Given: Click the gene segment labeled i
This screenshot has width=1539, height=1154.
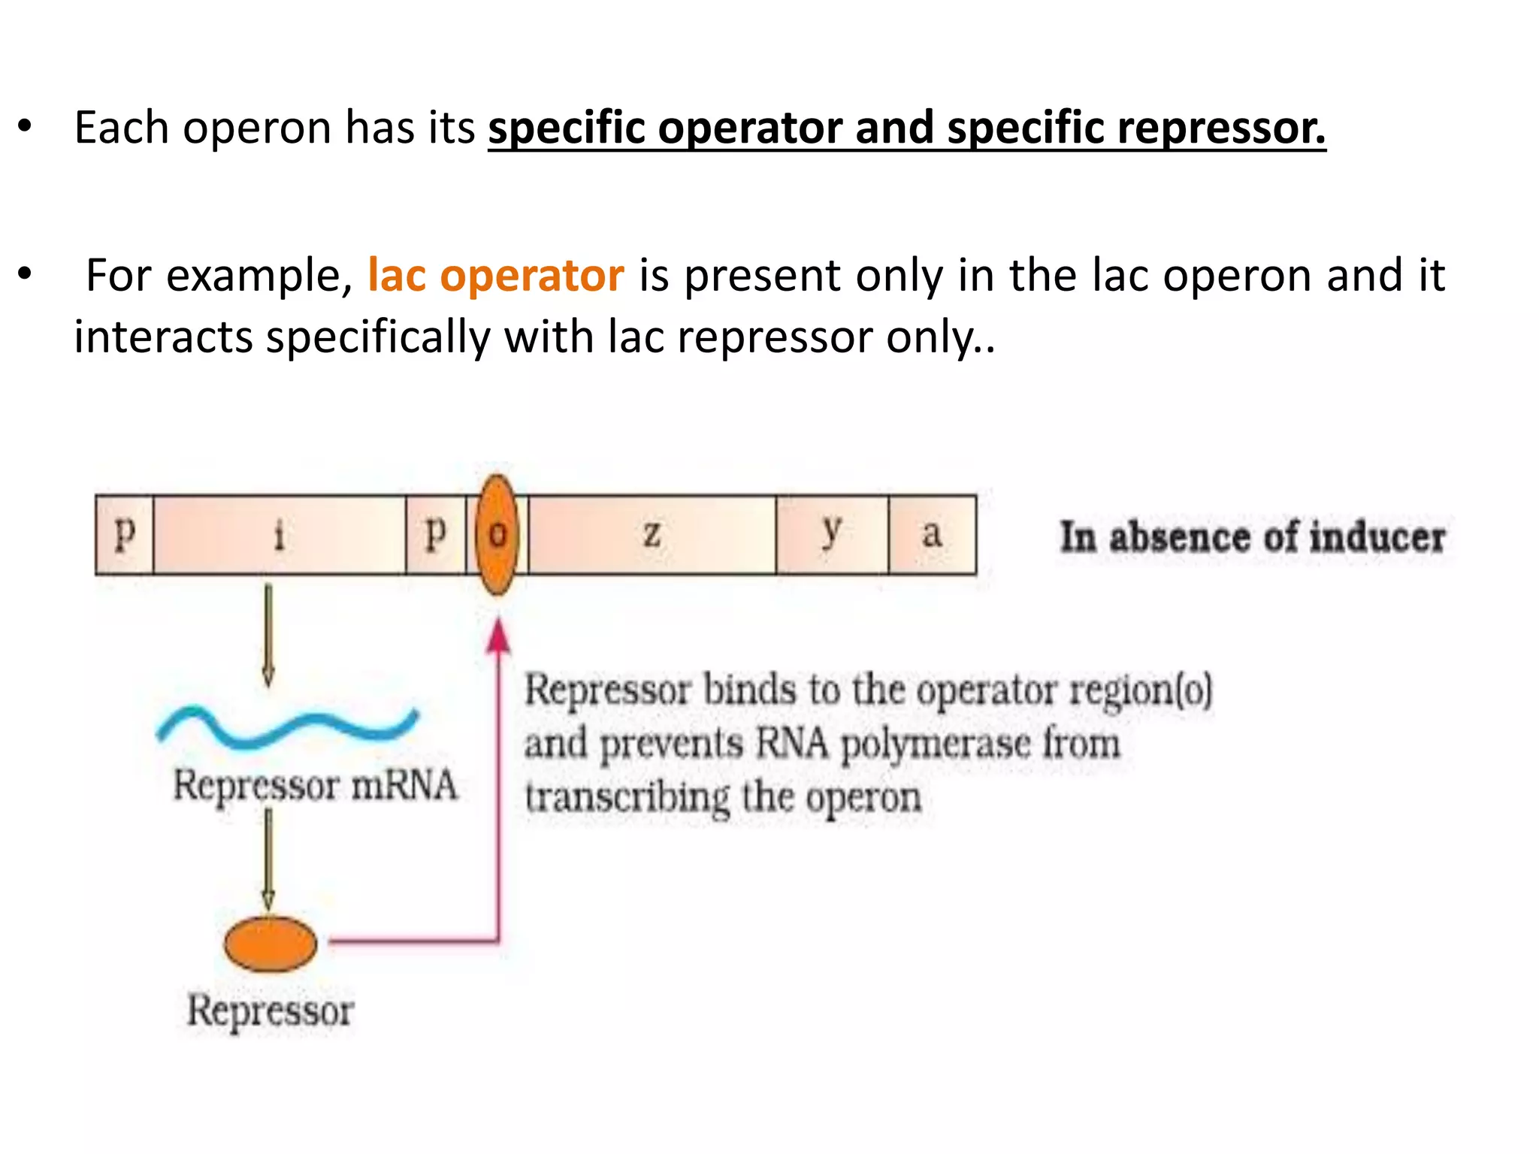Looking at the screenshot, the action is [279, 535].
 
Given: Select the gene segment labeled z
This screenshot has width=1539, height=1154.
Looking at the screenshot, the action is [652, 535].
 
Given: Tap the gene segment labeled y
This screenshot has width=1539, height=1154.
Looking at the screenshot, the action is [832, 535].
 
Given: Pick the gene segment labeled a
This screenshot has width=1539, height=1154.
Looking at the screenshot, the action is [932, 535].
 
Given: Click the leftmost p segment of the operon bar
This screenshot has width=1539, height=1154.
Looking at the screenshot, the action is [125, 535].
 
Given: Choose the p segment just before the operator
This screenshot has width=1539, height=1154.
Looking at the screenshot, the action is [435, 535].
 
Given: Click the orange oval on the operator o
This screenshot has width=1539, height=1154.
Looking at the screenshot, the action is [497, 535].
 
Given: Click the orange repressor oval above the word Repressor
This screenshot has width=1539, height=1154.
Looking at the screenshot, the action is [271, 944].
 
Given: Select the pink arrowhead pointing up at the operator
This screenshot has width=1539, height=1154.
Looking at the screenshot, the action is [498, 636].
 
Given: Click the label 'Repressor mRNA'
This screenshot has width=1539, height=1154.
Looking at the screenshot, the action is [315, 786].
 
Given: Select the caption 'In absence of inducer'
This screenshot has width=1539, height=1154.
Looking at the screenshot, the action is [1253, 537].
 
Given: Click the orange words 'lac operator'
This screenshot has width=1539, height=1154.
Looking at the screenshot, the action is [495, 275].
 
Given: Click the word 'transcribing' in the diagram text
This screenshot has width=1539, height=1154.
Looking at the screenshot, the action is [627, 798].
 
